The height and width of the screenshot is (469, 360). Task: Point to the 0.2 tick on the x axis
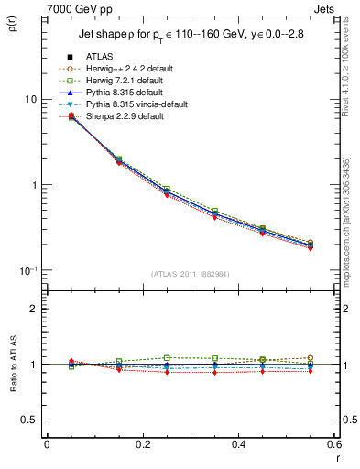point(142,445)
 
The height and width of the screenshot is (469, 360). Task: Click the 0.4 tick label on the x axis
point(238,445)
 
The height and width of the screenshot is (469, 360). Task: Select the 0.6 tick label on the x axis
point(334,445)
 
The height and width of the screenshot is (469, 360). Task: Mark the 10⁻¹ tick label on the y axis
point(27,270)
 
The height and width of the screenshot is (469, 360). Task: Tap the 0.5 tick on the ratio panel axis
point(28,420)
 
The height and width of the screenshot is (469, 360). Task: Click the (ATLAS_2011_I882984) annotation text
point(190,275)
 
